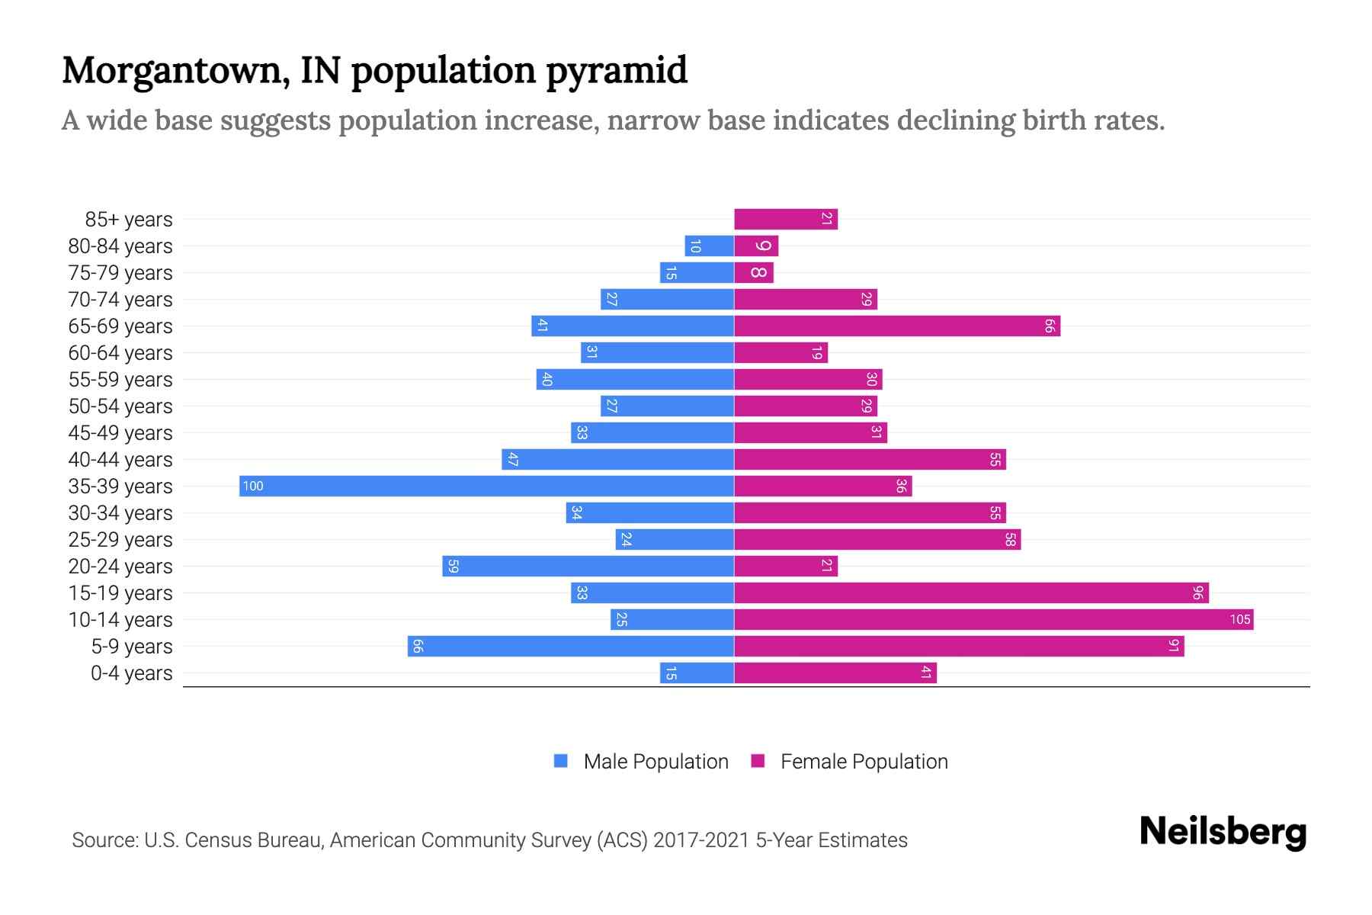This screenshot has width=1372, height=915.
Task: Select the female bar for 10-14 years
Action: pyautogui.click(x=993, y=620)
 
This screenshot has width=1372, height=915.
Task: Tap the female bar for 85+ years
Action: pyautogui.click(x=785, y=220)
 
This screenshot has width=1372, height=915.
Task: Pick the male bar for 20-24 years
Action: pyautogui.click(x=588, y=567)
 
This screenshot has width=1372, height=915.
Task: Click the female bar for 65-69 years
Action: pyautogui.click(x=896, y=326)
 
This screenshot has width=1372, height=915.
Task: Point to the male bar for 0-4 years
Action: pyautogui.click(x=697, y=673)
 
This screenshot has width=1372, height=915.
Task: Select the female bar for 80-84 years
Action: pyautogui.click(x=756, y=246)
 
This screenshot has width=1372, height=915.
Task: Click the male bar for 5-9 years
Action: pyautogui.click(x=570, y=647)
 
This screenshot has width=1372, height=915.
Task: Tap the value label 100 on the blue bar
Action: pyautogui.click(x=253, y=486)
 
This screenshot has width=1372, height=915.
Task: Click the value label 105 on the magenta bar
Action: pyautogui.click(x=1239, y=620)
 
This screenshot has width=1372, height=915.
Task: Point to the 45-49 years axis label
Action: pyautogui.click(x=120, y=433)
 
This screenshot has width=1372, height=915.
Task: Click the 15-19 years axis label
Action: pyautogui.click(x=120, y=593)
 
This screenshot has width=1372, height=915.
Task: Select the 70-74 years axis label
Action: pyautogui.click(x=120, y=300)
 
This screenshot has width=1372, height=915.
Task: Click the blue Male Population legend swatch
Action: pyautogui.click(x=561, y=761)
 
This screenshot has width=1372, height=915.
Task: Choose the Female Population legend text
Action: pyautogui.click(x=864, y=762)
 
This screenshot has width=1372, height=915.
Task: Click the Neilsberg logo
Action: pyautogui.click(x=1223, y=832)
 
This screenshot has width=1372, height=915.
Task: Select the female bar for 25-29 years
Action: pyautogui.click(x=877, y=540)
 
